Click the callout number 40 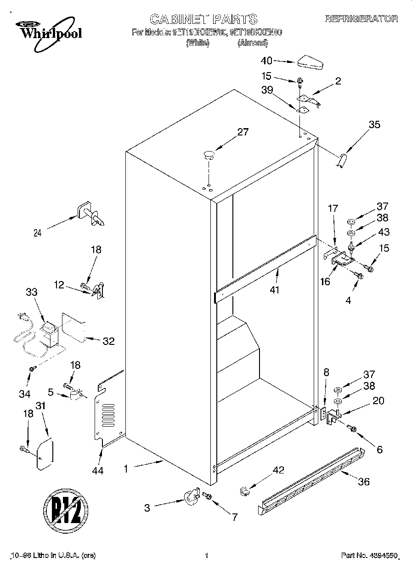[266, 60]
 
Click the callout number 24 [38, 233]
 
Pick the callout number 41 [275, 290]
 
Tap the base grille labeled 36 [310, 481]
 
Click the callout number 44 [97, 470]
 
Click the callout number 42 [278, 470]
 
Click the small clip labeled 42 [244, 491]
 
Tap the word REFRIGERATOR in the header [361, 19]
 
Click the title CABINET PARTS [204, 19]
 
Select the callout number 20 [378, 400]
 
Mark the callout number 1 [125, 469]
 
